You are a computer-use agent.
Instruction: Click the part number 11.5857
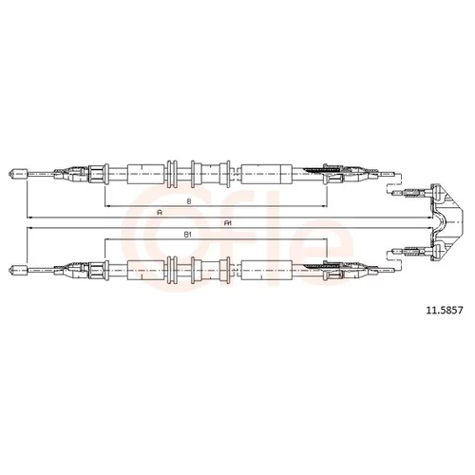445,310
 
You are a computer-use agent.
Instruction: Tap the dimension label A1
228,223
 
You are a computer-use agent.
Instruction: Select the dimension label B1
188,235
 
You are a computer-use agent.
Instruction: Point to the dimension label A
160,213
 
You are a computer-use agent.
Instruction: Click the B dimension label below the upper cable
189,200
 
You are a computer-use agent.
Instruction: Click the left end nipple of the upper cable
17,174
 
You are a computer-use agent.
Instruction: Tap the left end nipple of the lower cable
17,270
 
